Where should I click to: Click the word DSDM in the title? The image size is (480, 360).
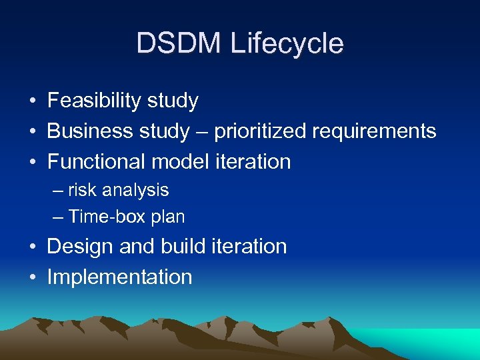pos(178,44)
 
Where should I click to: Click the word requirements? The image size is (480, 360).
pos(374,131)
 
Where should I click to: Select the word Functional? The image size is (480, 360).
pos(97,161)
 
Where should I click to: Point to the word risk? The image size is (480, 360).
pos(82,190)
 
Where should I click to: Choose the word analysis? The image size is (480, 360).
pos(135,190)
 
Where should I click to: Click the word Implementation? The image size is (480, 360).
pos(119,277)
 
